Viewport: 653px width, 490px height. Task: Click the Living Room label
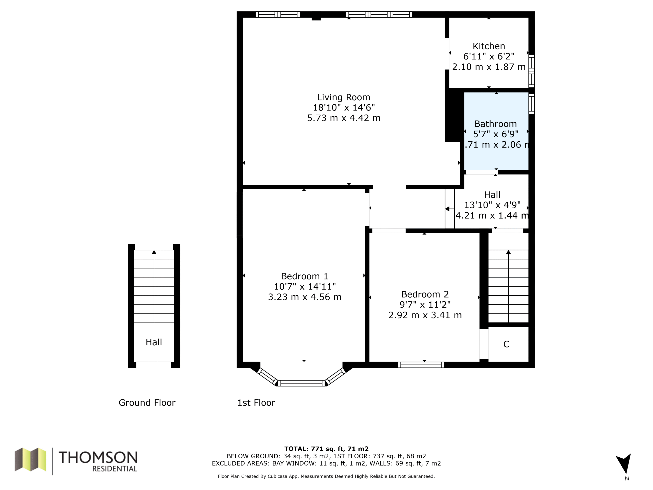[344, 97]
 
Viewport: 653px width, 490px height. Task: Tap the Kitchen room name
[489, 46]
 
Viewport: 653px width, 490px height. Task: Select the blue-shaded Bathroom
[496, 131]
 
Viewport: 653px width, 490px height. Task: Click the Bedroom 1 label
[304, 276]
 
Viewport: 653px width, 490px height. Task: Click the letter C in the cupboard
[506, 344]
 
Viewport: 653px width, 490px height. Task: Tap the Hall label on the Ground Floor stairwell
[154, 342]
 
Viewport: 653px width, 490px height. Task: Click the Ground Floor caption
[147, 402]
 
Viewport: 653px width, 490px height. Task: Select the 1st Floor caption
[256, 402]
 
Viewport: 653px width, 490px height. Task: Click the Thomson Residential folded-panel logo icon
[30, 459]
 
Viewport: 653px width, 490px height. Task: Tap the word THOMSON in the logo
[98, 457]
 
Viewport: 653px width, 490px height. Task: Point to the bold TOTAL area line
[326, 449]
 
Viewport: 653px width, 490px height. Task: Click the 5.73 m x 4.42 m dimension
[344, 118]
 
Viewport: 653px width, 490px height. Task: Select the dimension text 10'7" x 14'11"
[305, 287]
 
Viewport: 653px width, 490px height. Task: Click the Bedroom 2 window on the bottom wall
[421, 365]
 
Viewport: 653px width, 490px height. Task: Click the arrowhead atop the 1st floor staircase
[508, 252]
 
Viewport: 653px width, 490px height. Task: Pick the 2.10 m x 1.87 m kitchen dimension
[489, 67]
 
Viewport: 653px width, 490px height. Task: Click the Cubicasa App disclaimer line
[326, 476]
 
